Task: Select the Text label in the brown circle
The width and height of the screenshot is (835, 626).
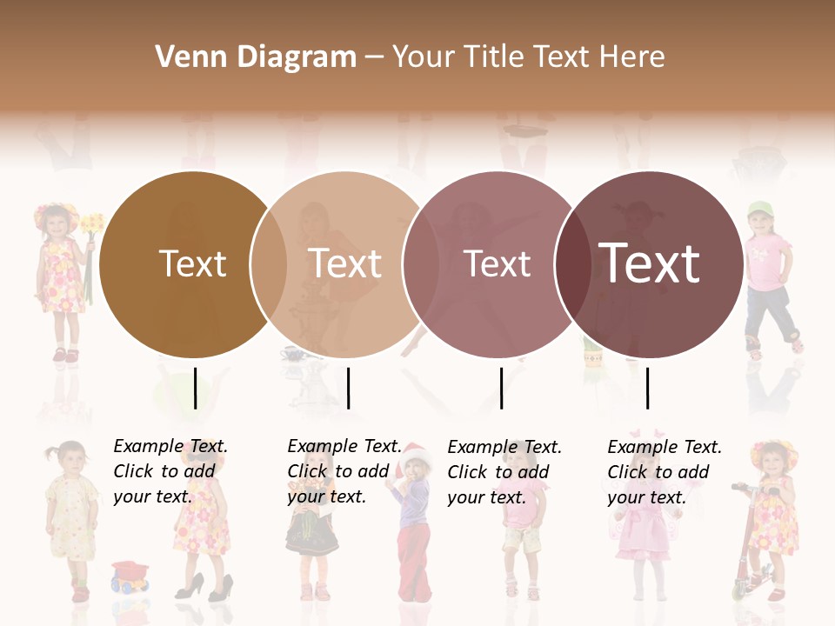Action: (x=192, y=263)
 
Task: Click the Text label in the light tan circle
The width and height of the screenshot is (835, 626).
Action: (x=345, y=263)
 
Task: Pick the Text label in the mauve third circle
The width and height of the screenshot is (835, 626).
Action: (x=497, y=263)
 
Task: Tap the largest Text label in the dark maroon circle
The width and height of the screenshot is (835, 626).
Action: (x=650, y=263)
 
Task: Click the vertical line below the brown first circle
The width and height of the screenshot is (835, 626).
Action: (x=195, y=388)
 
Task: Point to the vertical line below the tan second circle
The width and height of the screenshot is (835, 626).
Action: (x=348, y=388)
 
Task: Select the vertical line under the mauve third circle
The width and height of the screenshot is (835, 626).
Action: (x=501, y=388)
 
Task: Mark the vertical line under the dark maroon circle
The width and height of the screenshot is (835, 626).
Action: (x=647, y=388)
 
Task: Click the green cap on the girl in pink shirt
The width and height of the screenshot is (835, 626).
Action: (x=759, y=209)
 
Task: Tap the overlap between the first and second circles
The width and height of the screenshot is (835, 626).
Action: (x=269, y=264)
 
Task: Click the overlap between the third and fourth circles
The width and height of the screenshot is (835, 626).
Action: (x=572, y=264)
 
